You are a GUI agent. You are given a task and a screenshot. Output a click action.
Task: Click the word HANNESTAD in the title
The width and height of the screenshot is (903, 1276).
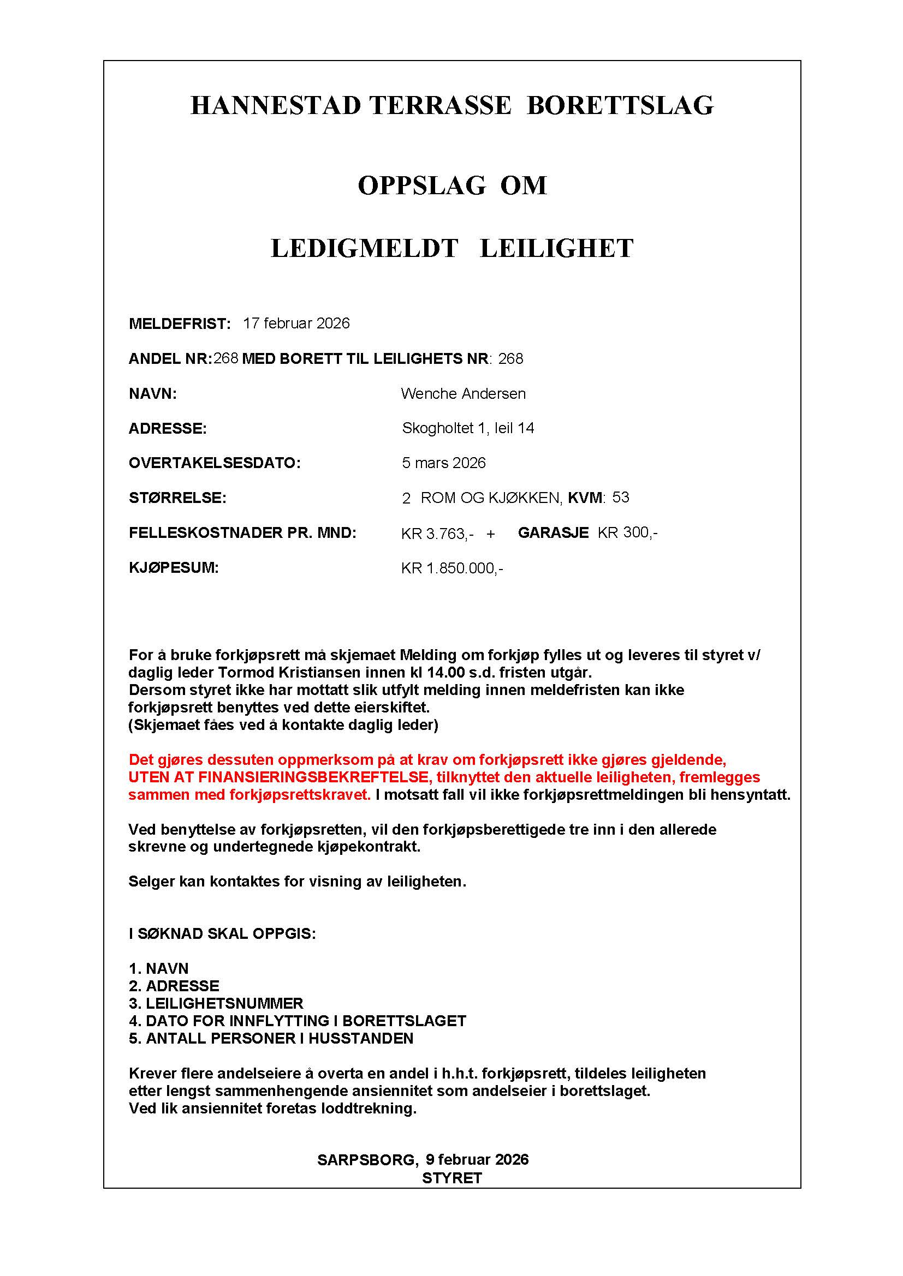[x=276, y=106]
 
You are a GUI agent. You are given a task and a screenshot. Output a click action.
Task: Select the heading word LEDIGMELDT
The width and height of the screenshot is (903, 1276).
[x=364, y=248]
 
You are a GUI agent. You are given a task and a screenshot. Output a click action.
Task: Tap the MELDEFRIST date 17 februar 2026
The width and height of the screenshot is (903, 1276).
[x=296, y=324]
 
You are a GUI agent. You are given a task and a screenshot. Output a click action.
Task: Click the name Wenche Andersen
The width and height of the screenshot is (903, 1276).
[x=462, y=394]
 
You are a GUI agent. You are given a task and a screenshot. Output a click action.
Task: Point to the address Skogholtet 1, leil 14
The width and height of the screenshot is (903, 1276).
[x=468, y=428]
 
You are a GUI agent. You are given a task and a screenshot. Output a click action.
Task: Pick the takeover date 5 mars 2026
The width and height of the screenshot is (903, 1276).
[x=443, y=464]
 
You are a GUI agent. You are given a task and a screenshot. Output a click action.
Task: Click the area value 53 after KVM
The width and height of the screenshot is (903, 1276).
[x=621, y=498]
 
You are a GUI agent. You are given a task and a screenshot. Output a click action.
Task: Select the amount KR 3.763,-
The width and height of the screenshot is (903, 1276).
[x=437, y=534]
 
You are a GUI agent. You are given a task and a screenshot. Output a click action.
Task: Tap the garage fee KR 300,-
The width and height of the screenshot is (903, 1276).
[x=627, y=533]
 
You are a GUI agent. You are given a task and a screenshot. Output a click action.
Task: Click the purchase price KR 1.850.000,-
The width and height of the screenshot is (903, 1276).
[x=451, y=568]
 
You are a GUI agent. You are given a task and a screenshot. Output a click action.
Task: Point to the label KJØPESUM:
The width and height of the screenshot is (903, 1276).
[x=174, y=568]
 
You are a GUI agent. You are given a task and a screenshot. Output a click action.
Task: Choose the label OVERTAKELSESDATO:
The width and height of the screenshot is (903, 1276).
[x=214, y=464]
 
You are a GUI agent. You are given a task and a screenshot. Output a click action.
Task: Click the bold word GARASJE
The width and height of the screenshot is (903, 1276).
[x=553, y=533]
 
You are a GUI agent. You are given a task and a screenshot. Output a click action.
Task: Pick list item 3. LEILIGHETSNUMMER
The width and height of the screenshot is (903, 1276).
[x=216, y=1004]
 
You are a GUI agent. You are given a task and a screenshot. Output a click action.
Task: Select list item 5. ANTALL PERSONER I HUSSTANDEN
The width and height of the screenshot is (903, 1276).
[x=271, y=1039]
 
